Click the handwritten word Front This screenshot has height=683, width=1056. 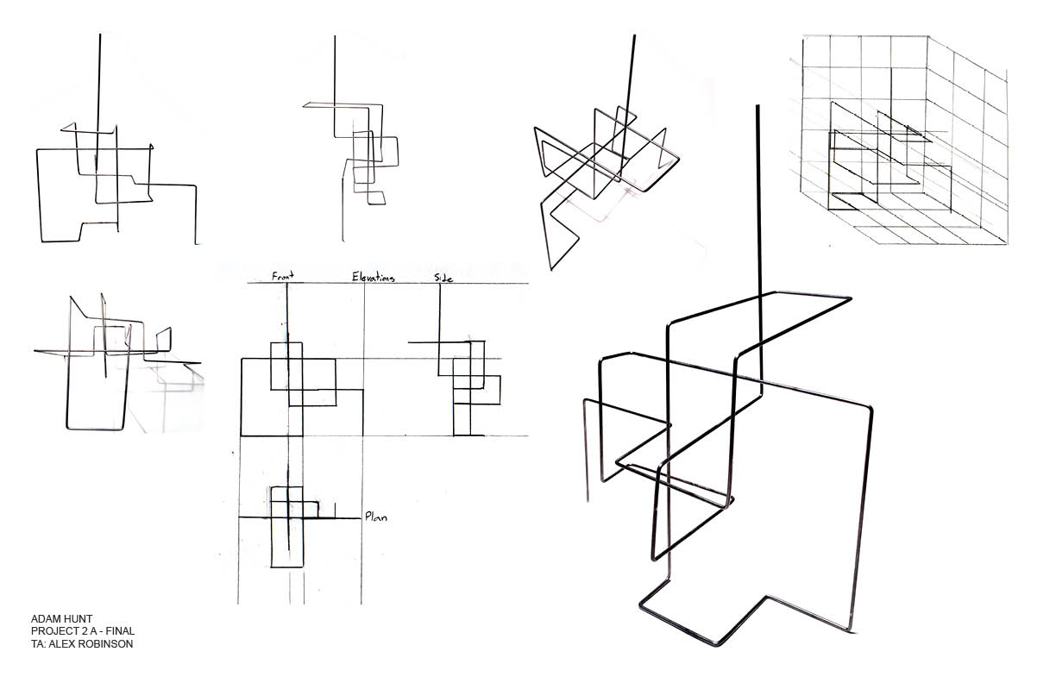tap(284, 277)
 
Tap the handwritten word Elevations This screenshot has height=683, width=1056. tap(373, 278)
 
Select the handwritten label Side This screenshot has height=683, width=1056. tap(443, 278)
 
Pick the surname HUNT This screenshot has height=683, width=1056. tap(79, 619)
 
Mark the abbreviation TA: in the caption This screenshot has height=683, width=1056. tap(39, 643)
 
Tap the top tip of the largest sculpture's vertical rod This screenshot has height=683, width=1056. tap(758, 107)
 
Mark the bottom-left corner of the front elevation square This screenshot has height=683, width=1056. tap(242, 435)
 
